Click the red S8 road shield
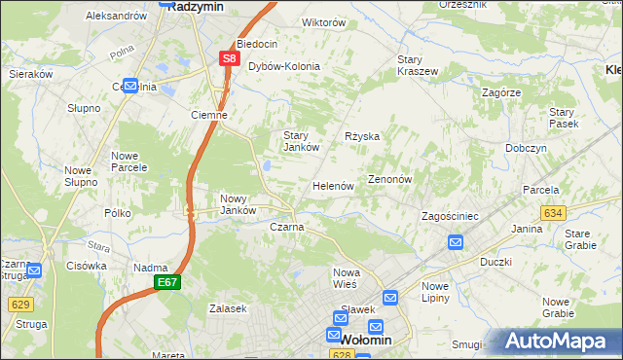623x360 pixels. (x=228, y=58)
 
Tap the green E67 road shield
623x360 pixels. (x=167, y=281)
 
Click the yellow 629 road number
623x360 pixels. (x=18, y=305)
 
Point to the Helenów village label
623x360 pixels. (x=332, y=185)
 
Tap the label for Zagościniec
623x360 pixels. (x=447, y=215)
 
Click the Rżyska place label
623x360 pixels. (x=361, y=137)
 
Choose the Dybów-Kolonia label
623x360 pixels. (x=284, y=66)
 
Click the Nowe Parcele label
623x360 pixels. (x=128, y=162)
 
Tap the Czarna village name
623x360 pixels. (x=286, y=227)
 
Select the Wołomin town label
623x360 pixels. (x=367, y=340)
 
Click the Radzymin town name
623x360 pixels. (x=198, y=5)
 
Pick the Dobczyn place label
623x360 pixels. (x=526, y=147)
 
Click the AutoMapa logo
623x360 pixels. (x=556, y=342)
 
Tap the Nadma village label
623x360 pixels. (x=151, y=268)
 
